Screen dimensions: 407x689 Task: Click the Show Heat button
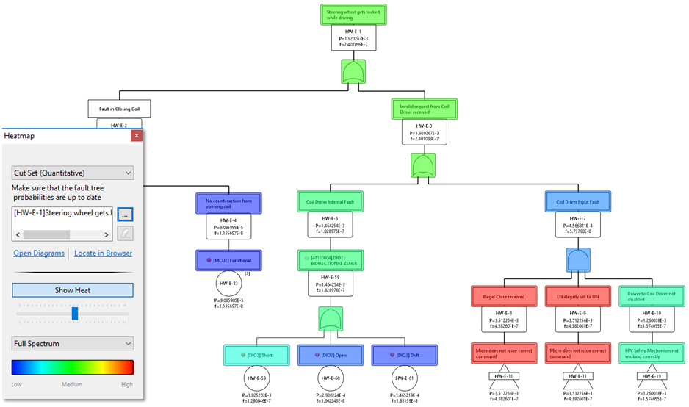pos(73,290)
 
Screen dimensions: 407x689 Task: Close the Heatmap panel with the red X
pos(136,136)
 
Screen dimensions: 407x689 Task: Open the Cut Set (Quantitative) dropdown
pos(73,173)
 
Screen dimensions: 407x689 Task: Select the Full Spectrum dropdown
pos(73,343)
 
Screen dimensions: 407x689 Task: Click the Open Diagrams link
pos(39,253)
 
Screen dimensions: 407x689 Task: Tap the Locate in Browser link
pos(104,253)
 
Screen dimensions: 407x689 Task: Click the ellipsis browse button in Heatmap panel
pos(125,214)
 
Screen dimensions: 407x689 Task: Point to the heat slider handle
pos(74,314)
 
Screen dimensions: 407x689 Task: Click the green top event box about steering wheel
pos(353,15)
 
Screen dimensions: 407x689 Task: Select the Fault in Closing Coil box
pos(119,109)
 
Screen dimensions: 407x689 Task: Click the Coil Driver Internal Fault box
pos(330,200)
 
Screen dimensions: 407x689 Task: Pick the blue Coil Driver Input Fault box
pos(577,201)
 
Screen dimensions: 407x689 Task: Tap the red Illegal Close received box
pos(503,297)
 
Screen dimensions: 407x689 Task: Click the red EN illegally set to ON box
pos(577,297)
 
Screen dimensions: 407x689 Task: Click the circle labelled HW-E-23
pos(228,283)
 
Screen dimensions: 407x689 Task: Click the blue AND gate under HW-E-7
pos(577,259)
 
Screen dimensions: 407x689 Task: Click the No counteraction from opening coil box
pos(228,202)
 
